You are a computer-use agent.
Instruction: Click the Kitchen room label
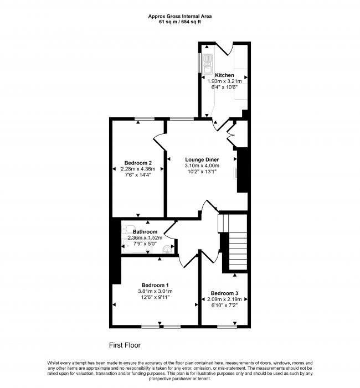coord(224,75)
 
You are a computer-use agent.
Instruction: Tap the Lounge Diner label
coord(202,159)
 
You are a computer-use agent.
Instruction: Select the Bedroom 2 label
coord(138,163)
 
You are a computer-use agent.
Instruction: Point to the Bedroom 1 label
coord(155,285)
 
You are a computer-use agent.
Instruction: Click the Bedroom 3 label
coord(224,293)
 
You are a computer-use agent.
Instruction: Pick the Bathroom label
coord(145,231)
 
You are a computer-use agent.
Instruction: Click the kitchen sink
coord(207,64)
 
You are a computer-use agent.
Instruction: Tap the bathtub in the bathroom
coord(136,246)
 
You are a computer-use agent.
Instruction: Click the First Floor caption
coord(125,345)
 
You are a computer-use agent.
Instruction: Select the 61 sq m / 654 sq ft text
coord(180,22)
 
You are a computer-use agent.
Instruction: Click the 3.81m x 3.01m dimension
coord(155,291)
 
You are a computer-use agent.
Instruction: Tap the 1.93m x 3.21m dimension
coord(224,81)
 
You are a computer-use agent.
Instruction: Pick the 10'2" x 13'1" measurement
coord(202,172)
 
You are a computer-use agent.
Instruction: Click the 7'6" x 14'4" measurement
coord(138,175)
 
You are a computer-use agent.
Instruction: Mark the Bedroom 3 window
coord(227,327)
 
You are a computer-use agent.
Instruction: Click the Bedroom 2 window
coord(145,119)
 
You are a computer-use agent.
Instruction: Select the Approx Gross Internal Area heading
coord(180,17)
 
